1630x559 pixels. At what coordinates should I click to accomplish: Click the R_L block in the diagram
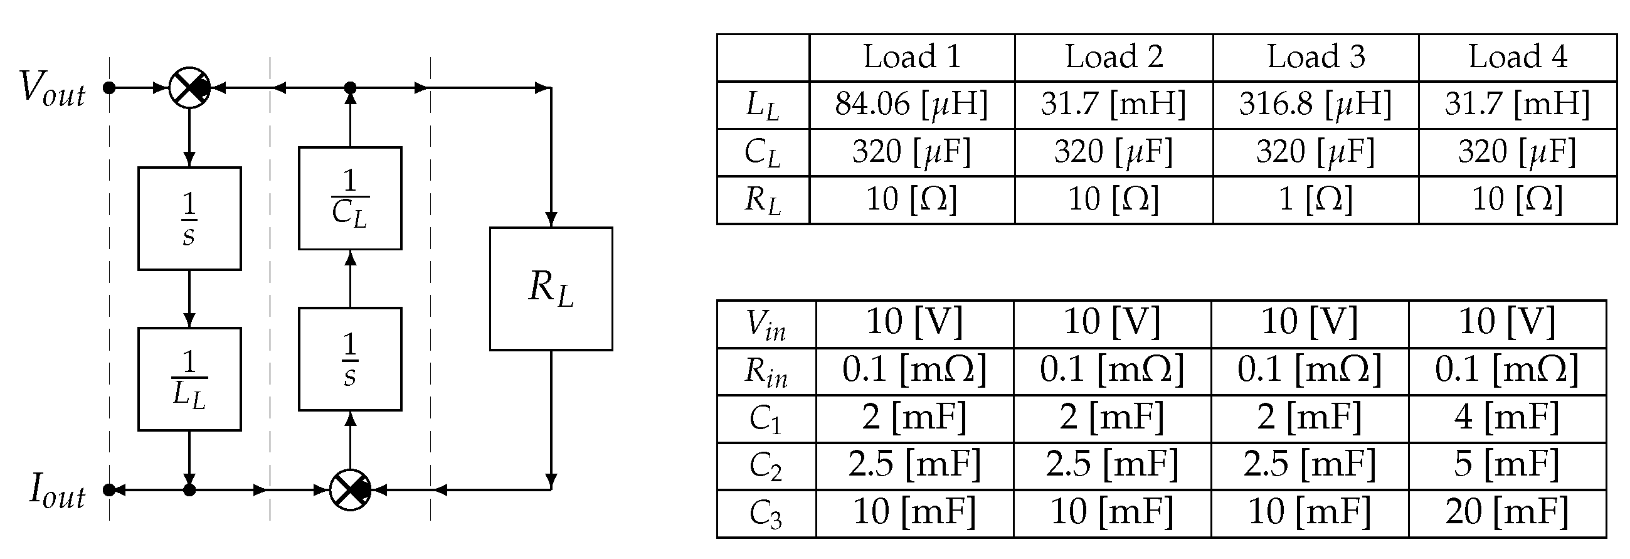(551, 289)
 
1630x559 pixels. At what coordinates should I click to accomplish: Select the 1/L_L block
(189, 379)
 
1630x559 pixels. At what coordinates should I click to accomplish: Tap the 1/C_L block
(350, 198)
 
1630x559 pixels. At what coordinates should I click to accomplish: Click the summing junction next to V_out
(189, 88)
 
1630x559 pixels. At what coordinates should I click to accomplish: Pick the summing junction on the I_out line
(350, 490)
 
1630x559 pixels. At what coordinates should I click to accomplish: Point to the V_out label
(52, 88)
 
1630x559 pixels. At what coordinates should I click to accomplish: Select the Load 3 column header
(1316, 57)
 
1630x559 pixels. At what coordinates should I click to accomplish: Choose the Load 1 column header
(912, 57)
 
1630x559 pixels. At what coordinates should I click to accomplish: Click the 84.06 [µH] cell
(912, 104)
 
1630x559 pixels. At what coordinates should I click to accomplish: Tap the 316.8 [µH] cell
(1316, 104)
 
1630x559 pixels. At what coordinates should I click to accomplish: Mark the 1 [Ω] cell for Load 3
(1316, 200)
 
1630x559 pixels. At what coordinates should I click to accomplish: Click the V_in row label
(766, 324)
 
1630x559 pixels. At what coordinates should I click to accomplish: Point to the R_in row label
(766, 371)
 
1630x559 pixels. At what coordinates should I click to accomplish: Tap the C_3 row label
(766, 513)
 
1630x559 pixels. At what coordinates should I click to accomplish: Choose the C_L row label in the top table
(763, 152)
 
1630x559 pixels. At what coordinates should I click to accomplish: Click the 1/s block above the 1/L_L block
(189, 218)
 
